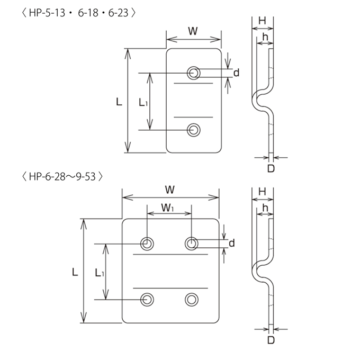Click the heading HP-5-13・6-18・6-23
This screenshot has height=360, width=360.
point(78,13)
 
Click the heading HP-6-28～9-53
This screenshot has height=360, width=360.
point(62,176)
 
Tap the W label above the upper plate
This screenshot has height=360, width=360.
point(193,31)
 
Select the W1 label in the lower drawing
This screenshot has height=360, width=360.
point(168,208)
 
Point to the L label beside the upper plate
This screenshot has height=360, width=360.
point(119,102)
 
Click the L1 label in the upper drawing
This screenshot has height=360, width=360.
point(143,102)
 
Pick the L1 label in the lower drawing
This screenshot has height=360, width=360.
point(100,273)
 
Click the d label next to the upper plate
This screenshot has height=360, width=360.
point(236,73)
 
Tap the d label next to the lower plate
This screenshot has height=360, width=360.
point(232,243)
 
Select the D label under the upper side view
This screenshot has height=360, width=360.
point(271,169)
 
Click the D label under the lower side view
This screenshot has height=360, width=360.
point(271,340)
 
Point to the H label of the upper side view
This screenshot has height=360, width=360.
point(262,21)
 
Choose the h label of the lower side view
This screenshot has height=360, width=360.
point(265,208)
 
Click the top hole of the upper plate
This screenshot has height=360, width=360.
point(194,73)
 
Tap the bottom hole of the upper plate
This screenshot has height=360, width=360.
point(194,130)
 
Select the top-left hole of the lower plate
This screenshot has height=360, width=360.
point(147,244)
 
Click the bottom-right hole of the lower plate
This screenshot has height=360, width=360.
point(192,300)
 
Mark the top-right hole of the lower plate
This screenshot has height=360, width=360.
point(192,244)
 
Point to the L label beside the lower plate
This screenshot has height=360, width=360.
point(75,272)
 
